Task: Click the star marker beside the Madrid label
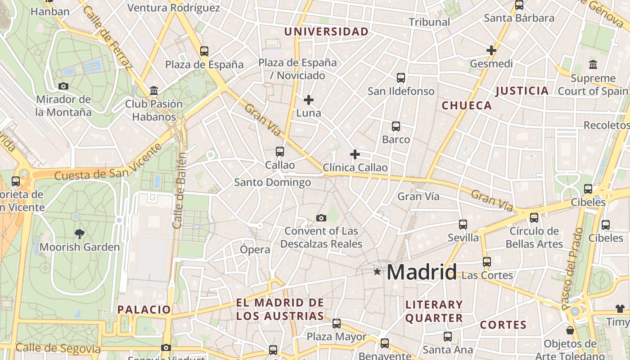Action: [x=377, y=271]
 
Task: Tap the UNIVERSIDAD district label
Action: [x=326, y=32]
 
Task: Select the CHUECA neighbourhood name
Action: [x=467, y=106]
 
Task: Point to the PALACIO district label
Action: [x=144, y=310]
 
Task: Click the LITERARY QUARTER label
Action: [x=434, y=311]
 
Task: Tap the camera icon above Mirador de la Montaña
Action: [x=63, y=86]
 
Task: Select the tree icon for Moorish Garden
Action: [x=80, y=234]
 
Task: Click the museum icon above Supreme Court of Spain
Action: [x=593, y=64]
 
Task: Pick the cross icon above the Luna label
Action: [x=309, y=99]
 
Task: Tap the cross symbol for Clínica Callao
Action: [x=355, y=154]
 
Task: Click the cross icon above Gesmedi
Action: [x=491, y=50]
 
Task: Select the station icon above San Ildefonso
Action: [x=401, y=78]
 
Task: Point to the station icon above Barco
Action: [x=396, y=126]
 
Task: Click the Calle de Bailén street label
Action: [x=179, y=190]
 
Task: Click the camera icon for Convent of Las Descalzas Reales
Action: [x=321, y=218]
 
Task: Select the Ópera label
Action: [x=255, y=249]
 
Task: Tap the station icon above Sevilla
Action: [x=463, y=224]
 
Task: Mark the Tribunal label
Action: [x=429, y=22]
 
